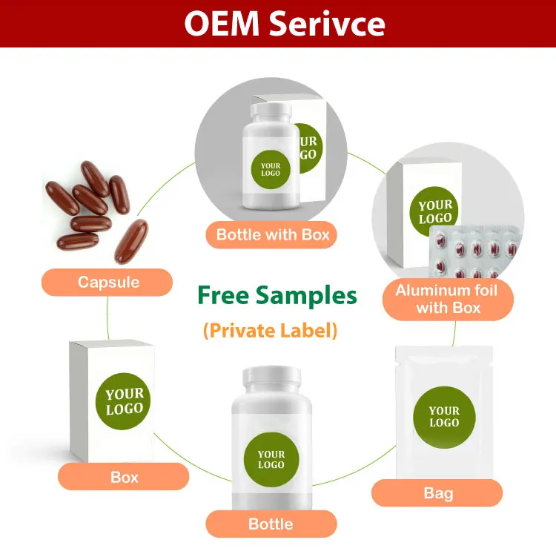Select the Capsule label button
click(108, 282)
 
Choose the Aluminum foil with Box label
click(448, 299)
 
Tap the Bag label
click(437, 493)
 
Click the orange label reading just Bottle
click(271, 524)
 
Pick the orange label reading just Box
click(124, 477)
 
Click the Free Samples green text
click(277, 295)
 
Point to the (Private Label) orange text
click(270, 331)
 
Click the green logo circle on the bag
click(443, 417)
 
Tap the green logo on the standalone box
click(124, 401)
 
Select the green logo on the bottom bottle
click(271, 460)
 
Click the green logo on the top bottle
click(271, 168)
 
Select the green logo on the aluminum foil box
click(434, 211)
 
